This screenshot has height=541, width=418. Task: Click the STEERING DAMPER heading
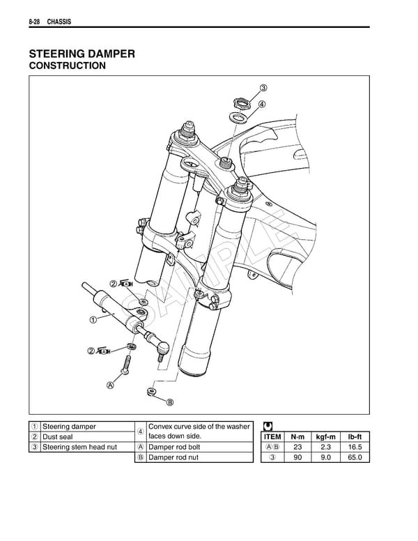[82, 53]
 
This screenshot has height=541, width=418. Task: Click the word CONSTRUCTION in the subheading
[67, 66]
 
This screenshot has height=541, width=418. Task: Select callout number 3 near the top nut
[263, 88]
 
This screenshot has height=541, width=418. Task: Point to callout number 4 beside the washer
[261, 105]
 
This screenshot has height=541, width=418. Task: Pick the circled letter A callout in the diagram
[110, 385]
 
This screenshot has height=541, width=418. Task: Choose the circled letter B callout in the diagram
[169, 402]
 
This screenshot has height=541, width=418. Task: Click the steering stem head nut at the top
[240, 104]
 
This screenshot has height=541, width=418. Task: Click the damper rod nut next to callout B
[152, 393]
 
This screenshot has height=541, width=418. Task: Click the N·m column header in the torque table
[298, 436]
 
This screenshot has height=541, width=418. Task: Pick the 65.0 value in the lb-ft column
[353, 457]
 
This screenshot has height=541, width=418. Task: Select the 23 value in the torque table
[298, 447]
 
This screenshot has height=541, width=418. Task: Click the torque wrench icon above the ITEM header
[269, 426]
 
